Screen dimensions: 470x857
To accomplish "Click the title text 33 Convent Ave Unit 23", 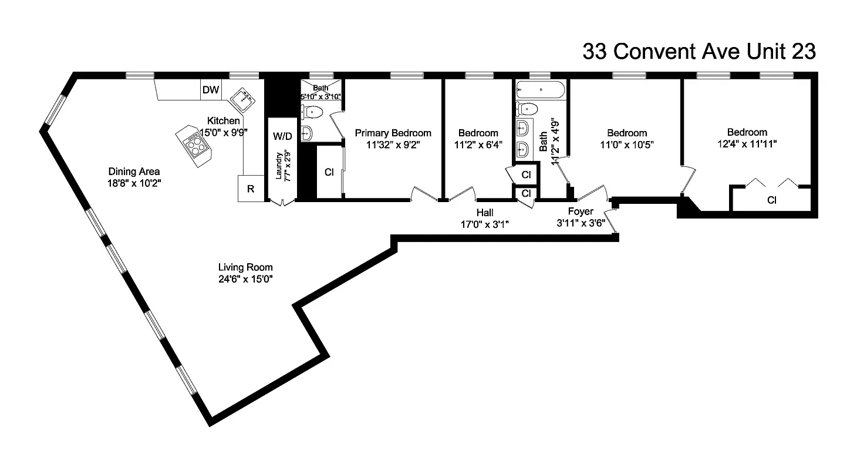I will click(x=699, y=52).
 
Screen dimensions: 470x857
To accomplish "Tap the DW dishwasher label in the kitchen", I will click(x=211, y=90).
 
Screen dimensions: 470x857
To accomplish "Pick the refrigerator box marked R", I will click(x=250, y=189).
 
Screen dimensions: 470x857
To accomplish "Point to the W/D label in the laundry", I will click(x=282, y=136).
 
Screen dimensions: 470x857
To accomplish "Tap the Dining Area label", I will click(x=134, y=172).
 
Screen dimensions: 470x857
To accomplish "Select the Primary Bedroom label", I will click(x=393, y=133).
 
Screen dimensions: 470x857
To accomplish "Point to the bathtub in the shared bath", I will click(x=540, y=90).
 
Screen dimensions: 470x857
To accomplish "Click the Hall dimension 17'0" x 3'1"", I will click(x=484, y=223).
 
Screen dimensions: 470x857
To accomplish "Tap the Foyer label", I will click(x=581, y=211).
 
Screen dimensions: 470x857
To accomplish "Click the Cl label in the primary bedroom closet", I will click(x=329, y=172).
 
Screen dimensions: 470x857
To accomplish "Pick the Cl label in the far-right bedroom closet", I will click(x=771, y=200).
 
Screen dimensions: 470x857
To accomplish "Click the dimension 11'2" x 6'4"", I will click(x=478, y=144).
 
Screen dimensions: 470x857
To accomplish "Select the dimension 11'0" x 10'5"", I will click(x=627, y=144).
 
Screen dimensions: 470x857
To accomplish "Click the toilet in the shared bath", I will click(x=527, y=109).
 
